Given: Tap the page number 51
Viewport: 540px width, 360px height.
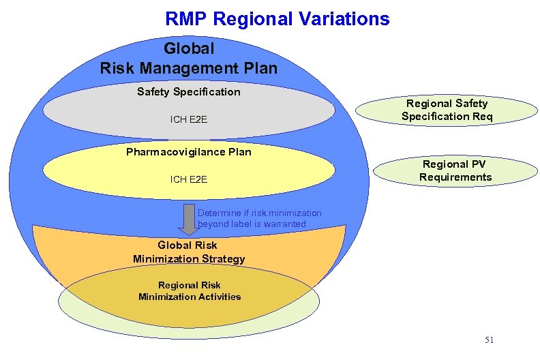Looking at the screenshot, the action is click(489, 340).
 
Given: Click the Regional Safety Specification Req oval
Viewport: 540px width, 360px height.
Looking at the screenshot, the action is click(447, 110).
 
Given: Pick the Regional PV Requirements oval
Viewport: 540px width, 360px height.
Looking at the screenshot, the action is click(455, 170).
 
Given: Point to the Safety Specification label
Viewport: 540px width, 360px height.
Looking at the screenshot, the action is click(188, 91).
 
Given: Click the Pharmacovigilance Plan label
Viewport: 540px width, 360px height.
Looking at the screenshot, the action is click(188, 151).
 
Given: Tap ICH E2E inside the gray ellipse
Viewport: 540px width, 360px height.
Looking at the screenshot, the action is click(188, 120).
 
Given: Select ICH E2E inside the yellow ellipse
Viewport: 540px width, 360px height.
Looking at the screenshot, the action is click(188, 179).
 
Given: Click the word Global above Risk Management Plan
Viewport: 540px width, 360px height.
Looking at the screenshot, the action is click(189, 48).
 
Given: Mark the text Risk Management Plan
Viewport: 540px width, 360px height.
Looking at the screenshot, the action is click(188, 68).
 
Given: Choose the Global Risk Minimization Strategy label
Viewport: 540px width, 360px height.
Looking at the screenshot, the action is click(188, 252).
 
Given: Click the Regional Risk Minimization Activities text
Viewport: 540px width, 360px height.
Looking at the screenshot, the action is click(190, 290).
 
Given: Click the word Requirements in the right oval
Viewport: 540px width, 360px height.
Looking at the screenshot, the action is click(455, 177).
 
